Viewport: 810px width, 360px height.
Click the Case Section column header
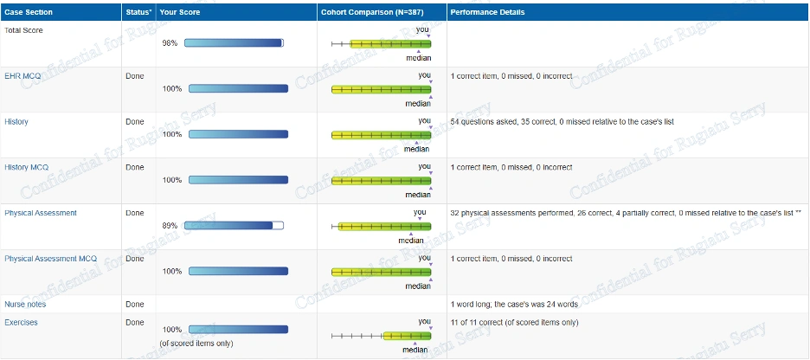click(x=29, y=13)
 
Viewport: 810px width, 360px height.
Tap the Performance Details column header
click(x=487, y=13)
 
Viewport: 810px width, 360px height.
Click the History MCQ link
click(x=26, y=167)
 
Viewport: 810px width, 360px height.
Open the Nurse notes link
click(x=25, y=305)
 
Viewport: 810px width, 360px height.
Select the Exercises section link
click(x=21, y=323)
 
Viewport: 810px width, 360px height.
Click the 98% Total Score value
click(x=170, y=42)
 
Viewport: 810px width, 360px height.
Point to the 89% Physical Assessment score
click(x=170, y=225)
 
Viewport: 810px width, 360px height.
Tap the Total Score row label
click(x=23, y=30)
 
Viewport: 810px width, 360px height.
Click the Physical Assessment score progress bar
click(x=234, y=225)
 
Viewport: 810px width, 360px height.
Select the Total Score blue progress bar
click(x=234, y=42)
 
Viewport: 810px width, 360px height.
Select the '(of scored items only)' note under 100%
click(x=197, y=343)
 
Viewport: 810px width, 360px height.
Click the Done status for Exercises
click(x=134, y=323)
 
